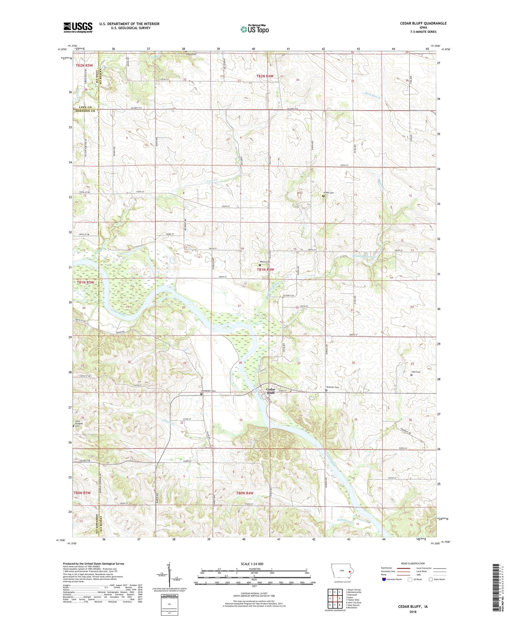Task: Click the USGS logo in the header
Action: [78, 27]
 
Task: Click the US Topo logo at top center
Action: [254, 29]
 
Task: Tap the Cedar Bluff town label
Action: [270, 391]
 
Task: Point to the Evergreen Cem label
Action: [209, 391]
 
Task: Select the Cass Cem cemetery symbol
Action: [411, 375]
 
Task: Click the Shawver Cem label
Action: [333, 387]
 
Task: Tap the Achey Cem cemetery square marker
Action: [323, 196]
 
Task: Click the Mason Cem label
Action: [266, 262]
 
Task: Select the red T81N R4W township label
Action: [265, 269]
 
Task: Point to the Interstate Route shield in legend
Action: [384, 579]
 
